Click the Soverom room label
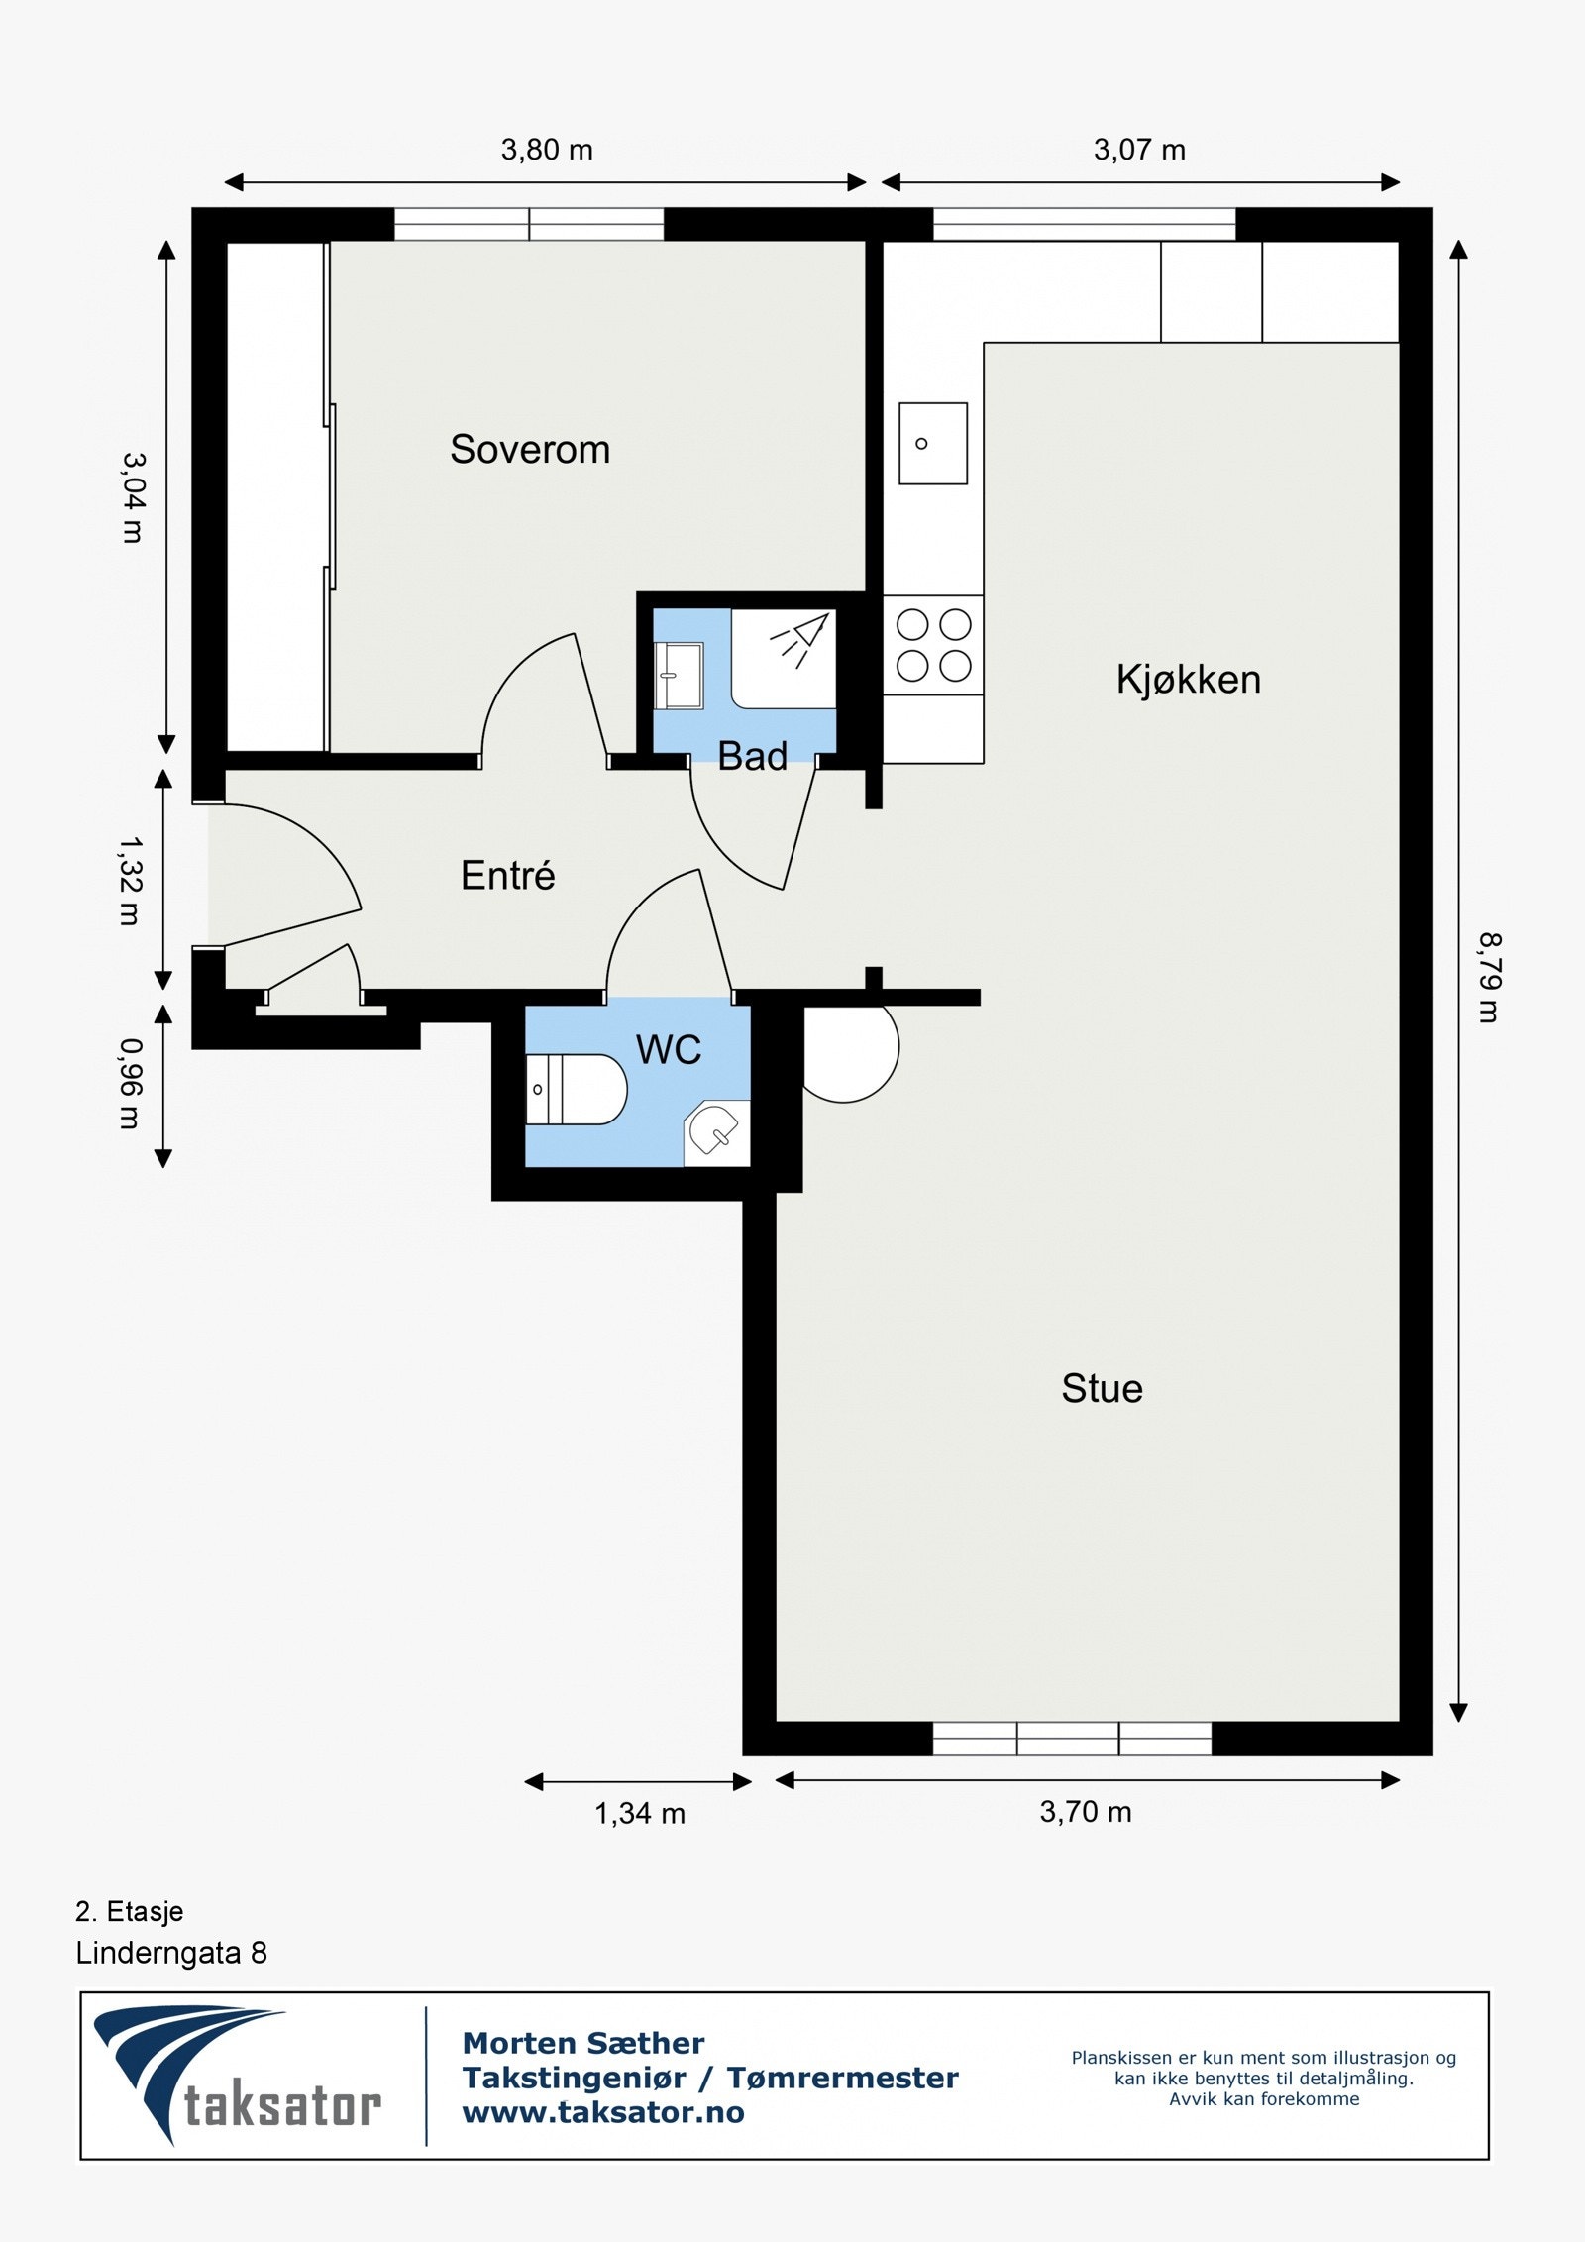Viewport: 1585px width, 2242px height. [530, 449]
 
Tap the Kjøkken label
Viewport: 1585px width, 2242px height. [1188, 680]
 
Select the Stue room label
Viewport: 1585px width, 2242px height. [1102, 1388]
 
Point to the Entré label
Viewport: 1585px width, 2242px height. [507, 875]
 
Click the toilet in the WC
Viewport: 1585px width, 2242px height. [575, 1089]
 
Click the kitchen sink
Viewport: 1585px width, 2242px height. [932, 443]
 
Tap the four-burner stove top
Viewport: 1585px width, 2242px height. [933, 645]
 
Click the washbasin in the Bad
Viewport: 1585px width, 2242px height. [679, 676]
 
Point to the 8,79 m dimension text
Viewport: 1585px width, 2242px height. [1489, 978]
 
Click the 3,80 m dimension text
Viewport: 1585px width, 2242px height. [547, 150]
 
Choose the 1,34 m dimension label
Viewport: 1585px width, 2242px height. [640, 1814]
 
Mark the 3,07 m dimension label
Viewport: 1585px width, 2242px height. [1139, 150]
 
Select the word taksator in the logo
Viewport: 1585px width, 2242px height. [282, 2106]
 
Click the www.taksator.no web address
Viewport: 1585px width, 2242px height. [603, 2113]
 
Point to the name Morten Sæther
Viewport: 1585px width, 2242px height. [583, 2043]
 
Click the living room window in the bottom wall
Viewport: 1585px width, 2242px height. [1072, 1739]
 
